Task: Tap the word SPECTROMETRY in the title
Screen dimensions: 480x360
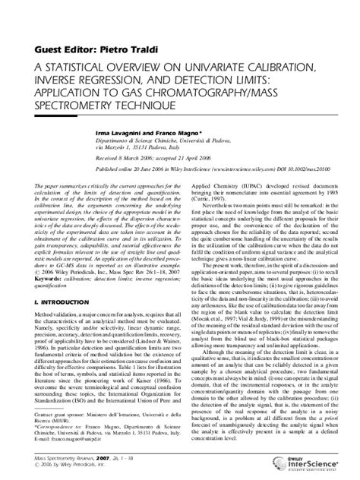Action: tap(80, 109)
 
